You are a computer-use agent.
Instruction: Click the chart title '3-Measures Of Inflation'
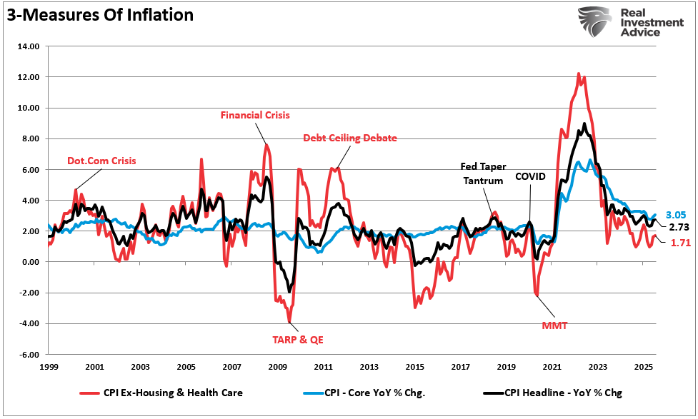[101, 14]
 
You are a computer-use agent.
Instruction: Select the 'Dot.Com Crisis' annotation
[101, 161]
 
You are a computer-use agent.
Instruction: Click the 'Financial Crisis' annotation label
[255, 114]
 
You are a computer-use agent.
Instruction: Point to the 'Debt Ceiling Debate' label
[349, 138]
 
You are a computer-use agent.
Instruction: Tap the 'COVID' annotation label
[530, 176]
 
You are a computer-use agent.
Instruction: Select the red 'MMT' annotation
[554, 325]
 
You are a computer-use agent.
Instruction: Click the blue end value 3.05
[676, 215]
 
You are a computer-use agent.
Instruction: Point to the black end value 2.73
[678, 226]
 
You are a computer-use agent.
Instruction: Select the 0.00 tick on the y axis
[29, 262]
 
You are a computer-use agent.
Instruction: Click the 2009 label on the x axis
[277, 367]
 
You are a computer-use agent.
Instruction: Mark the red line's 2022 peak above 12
[577, 74]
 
